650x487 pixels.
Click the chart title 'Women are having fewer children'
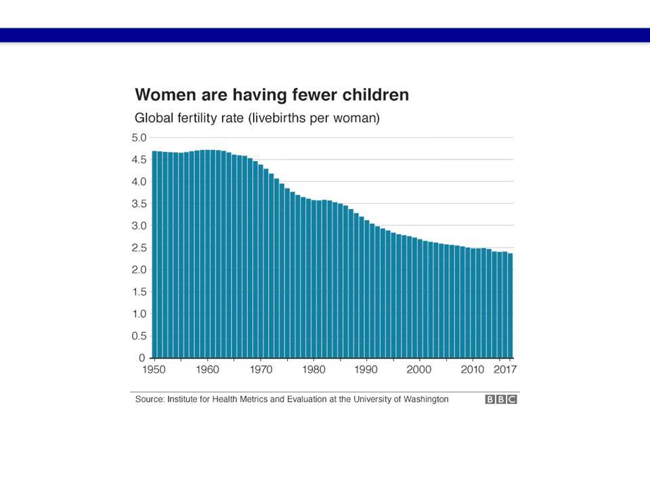(x=272, y=95)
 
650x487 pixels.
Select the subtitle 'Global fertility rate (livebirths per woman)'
(x=257, y=118)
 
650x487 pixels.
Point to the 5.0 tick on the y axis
(x=139, y=137)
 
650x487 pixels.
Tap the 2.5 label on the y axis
(x=139, y=248)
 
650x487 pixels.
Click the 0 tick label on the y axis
(x=142, y=357)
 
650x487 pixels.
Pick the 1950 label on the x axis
(x=154, y=369)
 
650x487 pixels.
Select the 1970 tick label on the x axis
(x=261, y=369)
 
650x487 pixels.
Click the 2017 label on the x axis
(x=505, y=369)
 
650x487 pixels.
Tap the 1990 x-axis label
(x=366, y=369)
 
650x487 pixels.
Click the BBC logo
(x=501, y=399)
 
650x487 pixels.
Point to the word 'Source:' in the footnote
(x=150, y=399)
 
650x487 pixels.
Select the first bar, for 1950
(x=154, y=254)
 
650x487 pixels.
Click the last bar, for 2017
(x=510, y=306)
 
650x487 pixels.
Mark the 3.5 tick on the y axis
(x=139, y=204)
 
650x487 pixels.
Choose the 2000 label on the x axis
(x=418, y=369)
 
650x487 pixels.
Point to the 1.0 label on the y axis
(x=139, y=313)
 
